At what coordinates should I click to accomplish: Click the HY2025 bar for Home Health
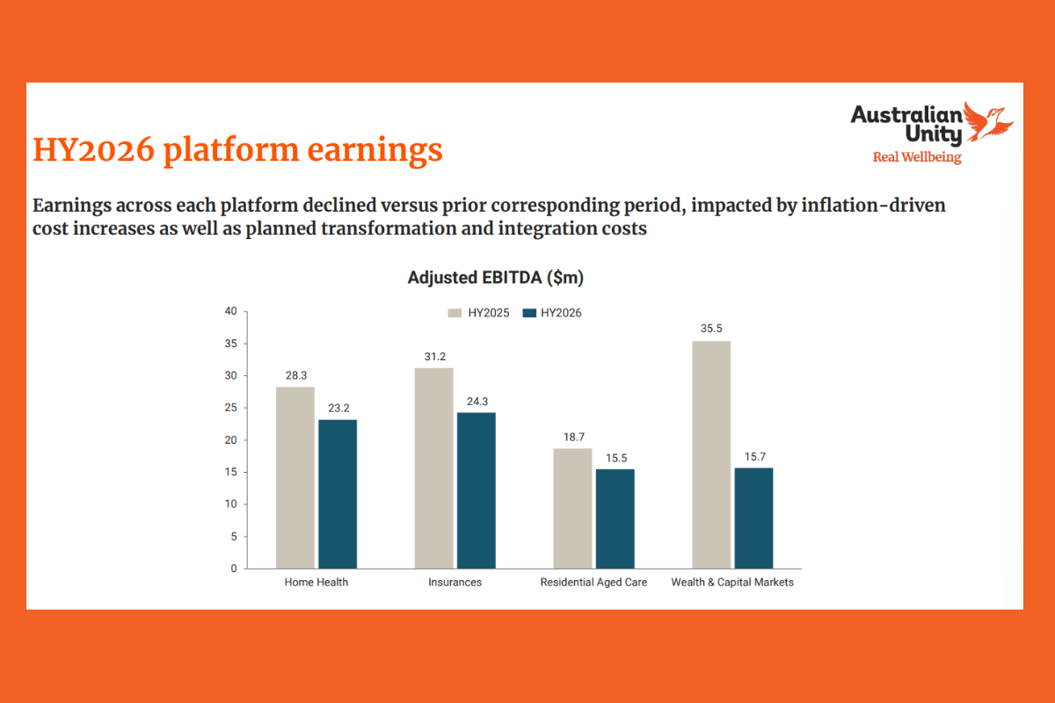point(295,477)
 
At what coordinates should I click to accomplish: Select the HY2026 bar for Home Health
point(338,494)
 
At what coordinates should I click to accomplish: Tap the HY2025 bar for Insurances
point(433,467)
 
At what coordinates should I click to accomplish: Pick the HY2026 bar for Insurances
point(477,490)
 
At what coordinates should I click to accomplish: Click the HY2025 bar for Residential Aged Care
point(572,508)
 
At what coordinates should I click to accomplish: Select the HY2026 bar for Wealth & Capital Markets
point(753,518)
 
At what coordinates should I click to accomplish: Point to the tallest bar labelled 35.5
point(711,454)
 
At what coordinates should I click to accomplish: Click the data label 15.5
point(615,458)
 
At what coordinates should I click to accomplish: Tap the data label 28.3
point(295,375)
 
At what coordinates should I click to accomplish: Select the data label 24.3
point(477,401)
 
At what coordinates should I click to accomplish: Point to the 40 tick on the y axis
point(230,311)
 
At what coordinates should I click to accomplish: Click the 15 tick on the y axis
point(230,472)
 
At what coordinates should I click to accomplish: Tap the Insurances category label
point(455,583)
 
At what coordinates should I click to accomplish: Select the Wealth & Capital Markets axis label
point(732,583)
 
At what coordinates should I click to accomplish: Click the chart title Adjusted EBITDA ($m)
point(496,279)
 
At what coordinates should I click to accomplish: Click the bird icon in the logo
point(988,121)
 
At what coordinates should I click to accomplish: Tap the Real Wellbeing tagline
point(916,158)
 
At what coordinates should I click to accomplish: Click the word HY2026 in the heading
point(92,150)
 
